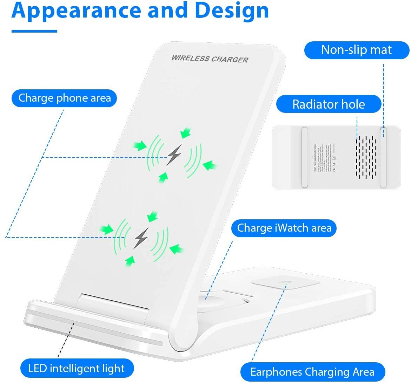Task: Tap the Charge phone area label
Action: [x=65, y=98]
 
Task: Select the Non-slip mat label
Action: [x=356, y=50]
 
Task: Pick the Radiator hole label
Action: [x=329, y=104]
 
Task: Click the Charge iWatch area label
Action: [x=284, y=228]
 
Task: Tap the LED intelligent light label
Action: [x=76, y=368]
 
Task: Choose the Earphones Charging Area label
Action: [x=312, y=372]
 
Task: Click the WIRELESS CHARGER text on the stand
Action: [x=210, y=59]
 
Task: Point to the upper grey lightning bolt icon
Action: [x=174, y=155]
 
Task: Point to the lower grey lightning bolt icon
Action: [x=141, y=238]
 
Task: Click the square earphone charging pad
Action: [x=285, y=283]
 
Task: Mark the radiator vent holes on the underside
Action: [x=366, y=156]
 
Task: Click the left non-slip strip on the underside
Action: [x=304, y=157]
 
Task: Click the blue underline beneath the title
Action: [x=34, y=31]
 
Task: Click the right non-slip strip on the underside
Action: [x=383, y=157]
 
